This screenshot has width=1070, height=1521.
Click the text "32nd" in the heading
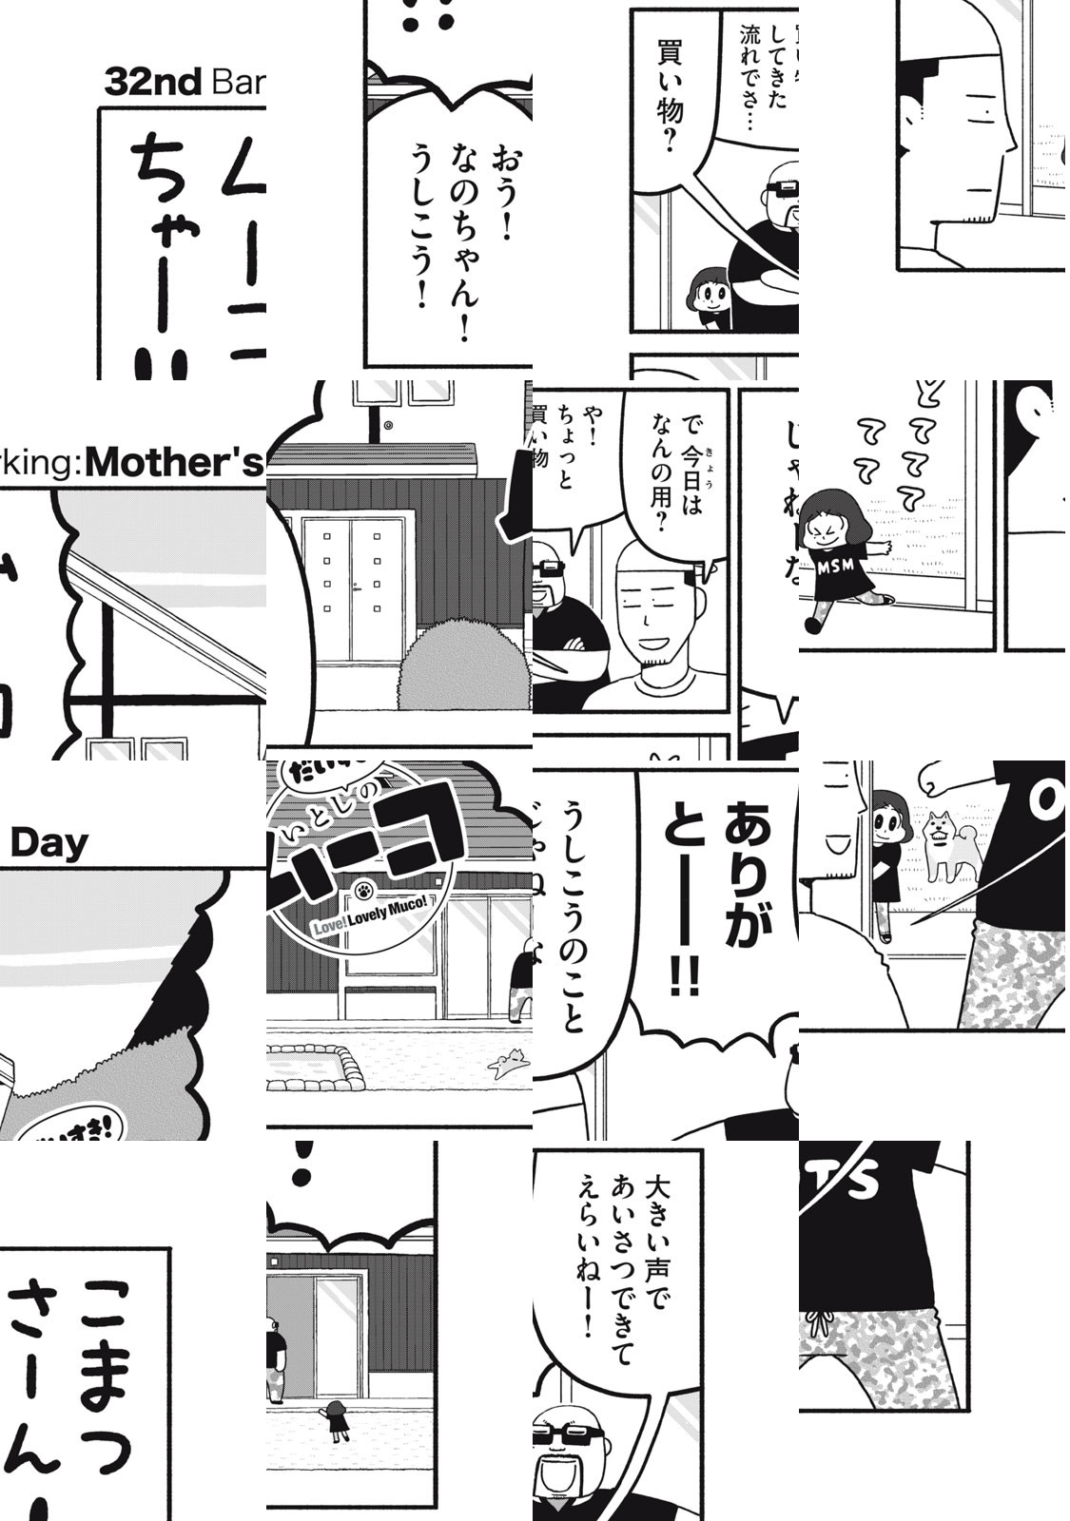click(152, 83)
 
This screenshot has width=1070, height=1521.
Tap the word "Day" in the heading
click(49, 843)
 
